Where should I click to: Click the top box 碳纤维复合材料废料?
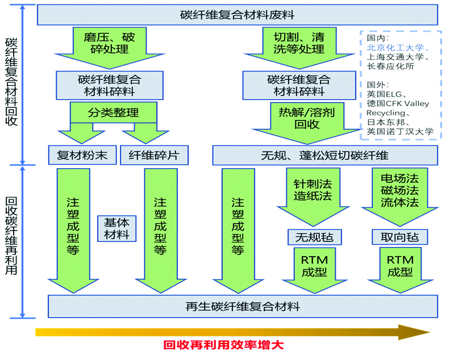coord(238,15)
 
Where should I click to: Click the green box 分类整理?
coord(114,112)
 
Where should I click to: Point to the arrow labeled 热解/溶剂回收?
coord(307,123)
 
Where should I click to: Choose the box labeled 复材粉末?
coord(82,155)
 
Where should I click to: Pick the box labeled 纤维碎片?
coord(154,155)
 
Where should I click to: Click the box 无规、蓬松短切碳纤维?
coord(325,155)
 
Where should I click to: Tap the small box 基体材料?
coord(117,229)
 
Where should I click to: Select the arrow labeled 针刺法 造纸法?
coord(313,196)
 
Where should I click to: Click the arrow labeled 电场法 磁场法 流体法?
coord(400,196)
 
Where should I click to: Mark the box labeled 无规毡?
coord(315,237)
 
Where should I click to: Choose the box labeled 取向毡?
coord(400,237)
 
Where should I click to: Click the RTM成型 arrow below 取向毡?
coord(401,270)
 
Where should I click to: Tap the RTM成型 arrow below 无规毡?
coord(315,270)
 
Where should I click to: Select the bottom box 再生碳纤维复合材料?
coord(243,307)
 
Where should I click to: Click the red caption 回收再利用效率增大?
coord(223,345)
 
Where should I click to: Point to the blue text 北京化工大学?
coord(395,47)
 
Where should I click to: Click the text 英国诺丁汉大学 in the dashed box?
coord(400,132)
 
